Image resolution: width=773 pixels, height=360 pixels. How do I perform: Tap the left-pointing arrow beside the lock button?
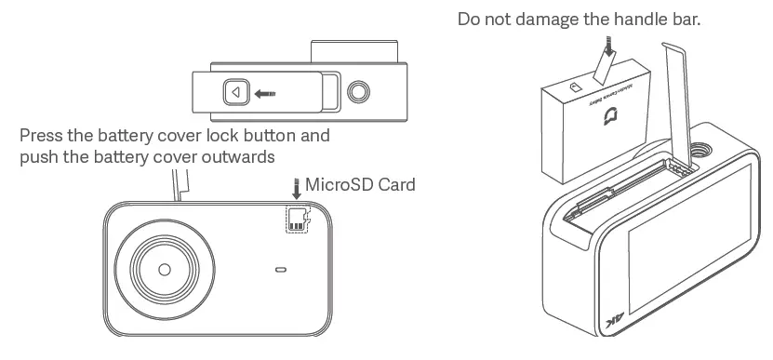[268, 92]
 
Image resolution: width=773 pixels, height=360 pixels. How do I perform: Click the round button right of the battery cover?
[358, 91]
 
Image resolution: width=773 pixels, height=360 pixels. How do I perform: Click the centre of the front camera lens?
[165, 268]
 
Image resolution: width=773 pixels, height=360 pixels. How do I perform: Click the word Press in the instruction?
[41, 136]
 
